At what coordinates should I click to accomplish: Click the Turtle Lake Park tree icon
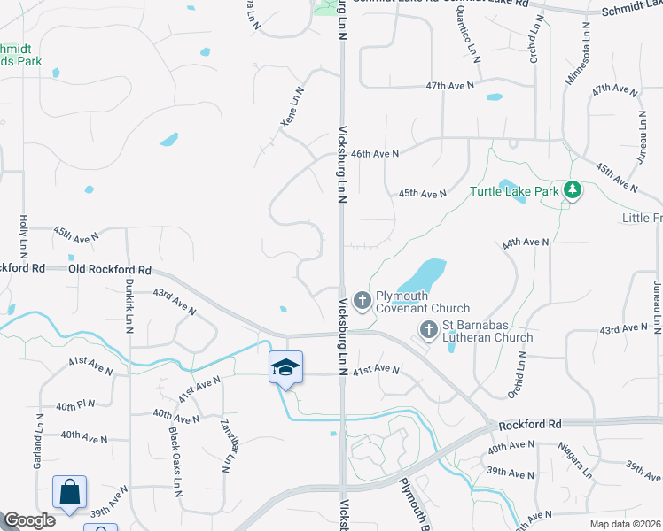573,190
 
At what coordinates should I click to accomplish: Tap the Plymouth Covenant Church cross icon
362,302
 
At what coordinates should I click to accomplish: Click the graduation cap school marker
285,367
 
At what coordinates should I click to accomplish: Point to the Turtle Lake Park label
514,190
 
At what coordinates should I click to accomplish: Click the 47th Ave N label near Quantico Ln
449,86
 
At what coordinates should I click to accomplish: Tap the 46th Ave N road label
375,153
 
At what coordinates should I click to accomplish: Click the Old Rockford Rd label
110,269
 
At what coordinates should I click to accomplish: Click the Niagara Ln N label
574,458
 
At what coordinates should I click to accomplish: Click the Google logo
29,521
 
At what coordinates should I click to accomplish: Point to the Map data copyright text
626,524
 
